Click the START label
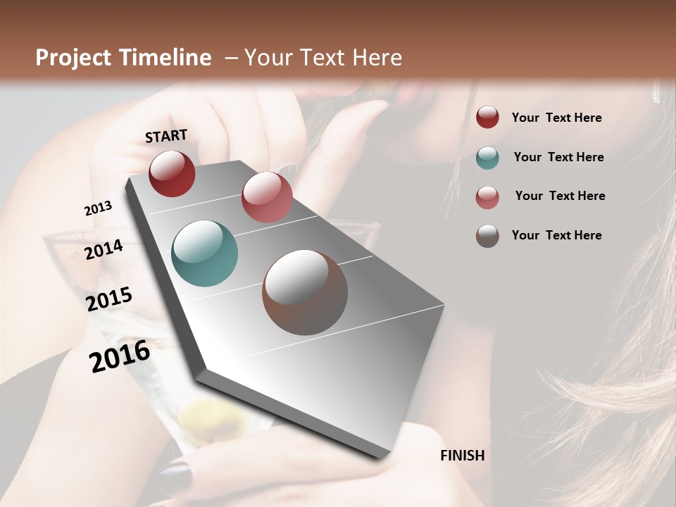(166, 136)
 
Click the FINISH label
(462, 456)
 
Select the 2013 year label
(98, 208)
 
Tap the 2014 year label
(104, 249)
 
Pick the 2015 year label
(109, 299)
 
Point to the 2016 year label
(120, 356)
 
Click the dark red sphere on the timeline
(172, 173)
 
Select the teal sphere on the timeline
(204, 254)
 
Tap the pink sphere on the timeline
(267, 197)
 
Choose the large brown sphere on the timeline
(305, 292)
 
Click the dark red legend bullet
(487, 118)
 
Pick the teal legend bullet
(487, 157)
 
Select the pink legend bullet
(487, 196)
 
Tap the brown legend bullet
(487, 236)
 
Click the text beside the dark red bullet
(556, 118)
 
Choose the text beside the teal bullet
(558, 157)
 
